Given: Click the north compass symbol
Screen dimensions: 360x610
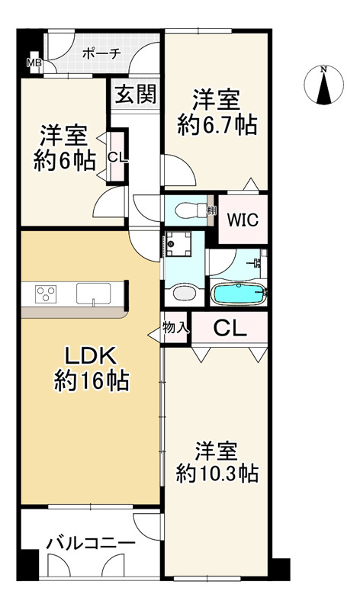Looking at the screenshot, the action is click(x=323, y=85).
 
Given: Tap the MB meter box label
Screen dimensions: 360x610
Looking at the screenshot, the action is click(x=33, y=63).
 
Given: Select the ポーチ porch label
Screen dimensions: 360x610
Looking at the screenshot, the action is click(x=101, y=53).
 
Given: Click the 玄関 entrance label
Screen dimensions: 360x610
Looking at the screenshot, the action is click(x=136, y=94).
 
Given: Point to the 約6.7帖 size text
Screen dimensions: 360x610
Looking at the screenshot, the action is click(x=217, y=126).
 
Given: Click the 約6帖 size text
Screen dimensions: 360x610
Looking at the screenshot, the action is click(x=65, y=161).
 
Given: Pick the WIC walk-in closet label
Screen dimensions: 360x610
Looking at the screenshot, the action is click(x=243, y=220).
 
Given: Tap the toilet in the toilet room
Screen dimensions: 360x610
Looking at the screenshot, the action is click(x=191, y=210).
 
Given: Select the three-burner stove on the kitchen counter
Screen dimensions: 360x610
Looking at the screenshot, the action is click(x=46, y=294).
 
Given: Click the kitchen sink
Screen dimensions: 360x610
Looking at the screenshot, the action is click(x=93, y=294).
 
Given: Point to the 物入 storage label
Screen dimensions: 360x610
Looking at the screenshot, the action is click(x=176, y=328).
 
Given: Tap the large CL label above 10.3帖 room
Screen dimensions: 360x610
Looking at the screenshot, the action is click(x=230, y=329).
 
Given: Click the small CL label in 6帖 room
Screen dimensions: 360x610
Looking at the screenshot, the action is click(x=117, y=157).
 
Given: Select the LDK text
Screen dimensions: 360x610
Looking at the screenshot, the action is click(x=90, y=356).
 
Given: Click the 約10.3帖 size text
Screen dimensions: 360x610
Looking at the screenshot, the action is click(x=217, y=473).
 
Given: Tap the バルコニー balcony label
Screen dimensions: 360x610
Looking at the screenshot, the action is click(x=91, y=543).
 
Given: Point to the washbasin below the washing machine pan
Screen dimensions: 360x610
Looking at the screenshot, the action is click(x=183, y=293).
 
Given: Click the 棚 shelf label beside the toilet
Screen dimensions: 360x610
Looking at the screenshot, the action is click(x=211, y=210).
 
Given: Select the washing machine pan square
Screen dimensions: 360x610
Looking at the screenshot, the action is click(x=178, y=244).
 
